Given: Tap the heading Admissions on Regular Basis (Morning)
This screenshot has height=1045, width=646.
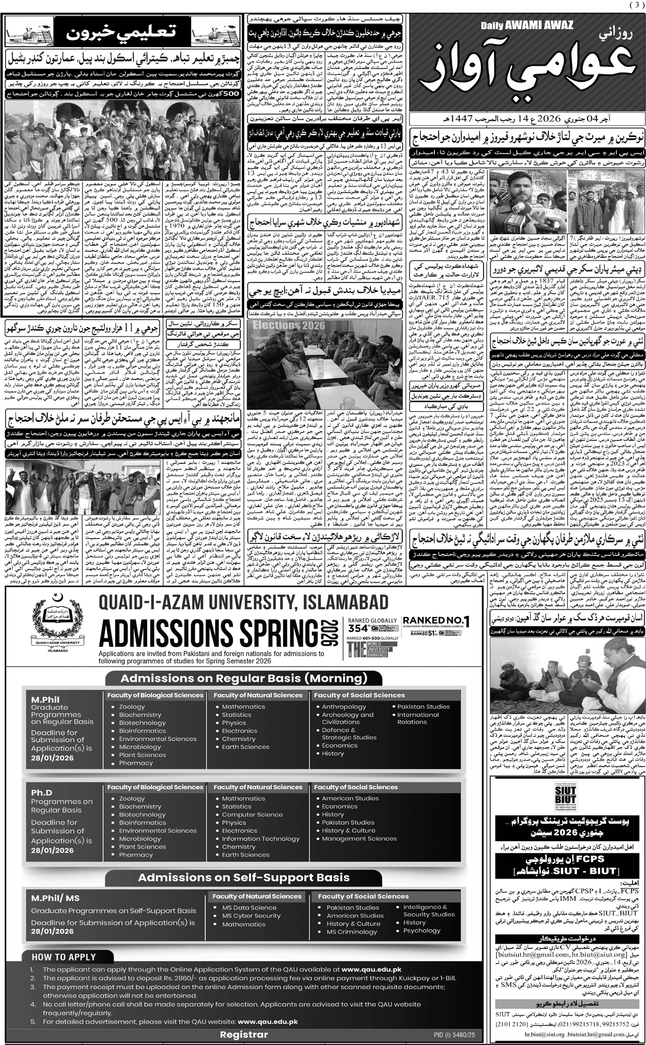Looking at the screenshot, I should click(244, 678).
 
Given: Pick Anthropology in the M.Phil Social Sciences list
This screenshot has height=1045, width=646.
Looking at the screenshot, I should click(344, 707).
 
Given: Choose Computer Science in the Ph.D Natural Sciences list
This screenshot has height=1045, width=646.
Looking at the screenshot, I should click(252, 814).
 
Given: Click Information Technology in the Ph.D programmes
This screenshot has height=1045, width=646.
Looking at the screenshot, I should click(260, 838).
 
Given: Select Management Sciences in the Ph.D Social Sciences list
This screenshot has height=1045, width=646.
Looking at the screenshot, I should click(359, 838).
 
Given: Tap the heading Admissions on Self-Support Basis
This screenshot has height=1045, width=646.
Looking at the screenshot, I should click(244, 878).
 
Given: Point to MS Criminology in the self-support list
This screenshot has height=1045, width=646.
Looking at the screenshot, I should click(351, 932).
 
